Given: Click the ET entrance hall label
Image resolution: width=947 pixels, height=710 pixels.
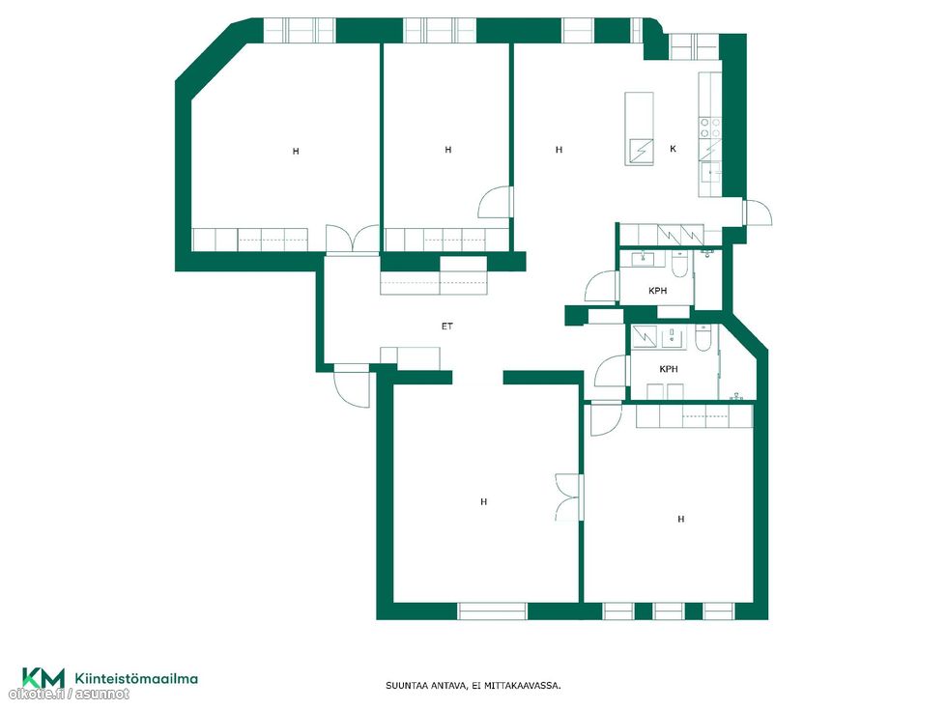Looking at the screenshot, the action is [x=446, y=327].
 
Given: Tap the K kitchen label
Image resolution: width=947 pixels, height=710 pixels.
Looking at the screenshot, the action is [x=673, y=149].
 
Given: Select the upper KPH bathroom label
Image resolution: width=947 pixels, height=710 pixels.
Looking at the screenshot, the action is [x=658, y=291].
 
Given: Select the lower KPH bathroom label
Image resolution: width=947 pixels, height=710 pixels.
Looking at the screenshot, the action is [x=669, y=369].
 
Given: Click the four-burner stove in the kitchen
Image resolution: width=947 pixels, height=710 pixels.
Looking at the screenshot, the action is [x=710, y=128].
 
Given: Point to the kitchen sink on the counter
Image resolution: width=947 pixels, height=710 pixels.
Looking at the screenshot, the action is [x=711, y=172].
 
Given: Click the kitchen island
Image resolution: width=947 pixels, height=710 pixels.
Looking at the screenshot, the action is [x=639, y=128].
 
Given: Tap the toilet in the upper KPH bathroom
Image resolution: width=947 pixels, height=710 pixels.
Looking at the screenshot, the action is [x=678, y=265].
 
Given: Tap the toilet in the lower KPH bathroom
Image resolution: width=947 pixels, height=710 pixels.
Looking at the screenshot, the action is [x=704, y=339].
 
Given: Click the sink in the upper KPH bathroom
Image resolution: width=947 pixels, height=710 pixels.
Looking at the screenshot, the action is [x=644, y=259].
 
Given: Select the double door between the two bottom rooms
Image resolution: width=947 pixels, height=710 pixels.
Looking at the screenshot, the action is [x=569, y=497].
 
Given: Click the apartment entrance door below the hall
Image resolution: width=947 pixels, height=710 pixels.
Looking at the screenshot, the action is [x=351, y=385].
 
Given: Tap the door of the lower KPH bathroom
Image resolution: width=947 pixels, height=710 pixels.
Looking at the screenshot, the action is [x=611, y=371].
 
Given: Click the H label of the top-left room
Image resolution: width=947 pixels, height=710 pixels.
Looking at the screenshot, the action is [x=296, y=151].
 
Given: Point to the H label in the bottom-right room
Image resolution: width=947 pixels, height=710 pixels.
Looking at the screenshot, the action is [x=680, y=519].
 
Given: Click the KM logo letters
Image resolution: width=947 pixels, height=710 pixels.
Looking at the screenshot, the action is [x=43, y=677].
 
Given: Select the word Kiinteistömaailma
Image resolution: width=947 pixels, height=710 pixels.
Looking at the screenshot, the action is [x=136, y=678].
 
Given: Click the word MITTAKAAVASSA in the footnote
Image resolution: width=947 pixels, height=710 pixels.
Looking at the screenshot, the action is [x=524, y=686].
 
